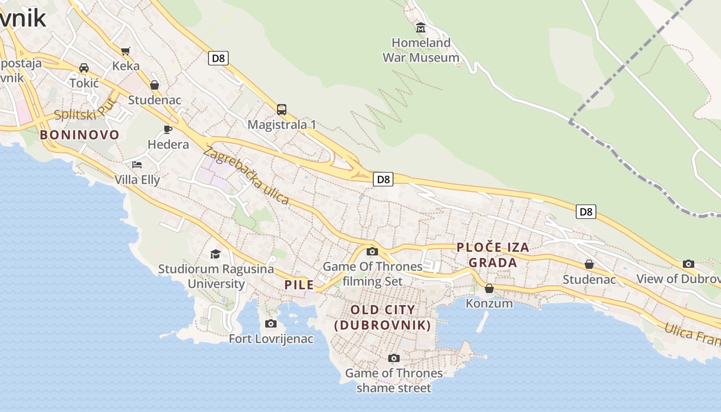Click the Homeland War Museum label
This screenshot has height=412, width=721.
(421, 50)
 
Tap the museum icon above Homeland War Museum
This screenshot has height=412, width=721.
(421, 27)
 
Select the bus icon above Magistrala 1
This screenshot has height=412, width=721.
(282, 109)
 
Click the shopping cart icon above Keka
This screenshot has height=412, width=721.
(126, 51)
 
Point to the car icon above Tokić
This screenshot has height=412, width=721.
(83, 68)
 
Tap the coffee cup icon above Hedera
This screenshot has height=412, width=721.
(168, 129)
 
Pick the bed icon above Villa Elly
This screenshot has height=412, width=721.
(137, 165)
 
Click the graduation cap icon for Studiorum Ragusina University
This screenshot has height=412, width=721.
(215, 254)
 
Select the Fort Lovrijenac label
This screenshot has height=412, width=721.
(271, 339)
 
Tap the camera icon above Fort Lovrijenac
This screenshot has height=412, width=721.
(271, 323)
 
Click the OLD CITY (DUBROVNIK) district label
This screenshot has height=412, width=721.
(383, 317)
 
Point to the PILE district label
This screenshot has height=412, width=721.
(299, 285)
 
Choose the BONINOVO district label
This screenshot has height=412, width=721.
(80, 135)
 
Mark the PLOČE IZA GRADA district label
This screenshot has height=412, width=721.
(493, 255)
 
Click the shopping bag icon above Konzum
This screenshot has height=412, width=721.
(489, 288)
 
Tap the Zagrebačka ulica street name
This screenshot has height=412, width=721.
(246, 175)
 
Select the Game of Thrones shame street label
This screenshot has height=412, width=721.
(394, 380)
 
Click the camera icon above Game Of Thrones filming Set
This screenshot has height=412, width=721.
(372, 251)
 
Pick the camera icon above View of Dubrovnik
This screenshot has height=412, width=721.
(689, 264)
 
